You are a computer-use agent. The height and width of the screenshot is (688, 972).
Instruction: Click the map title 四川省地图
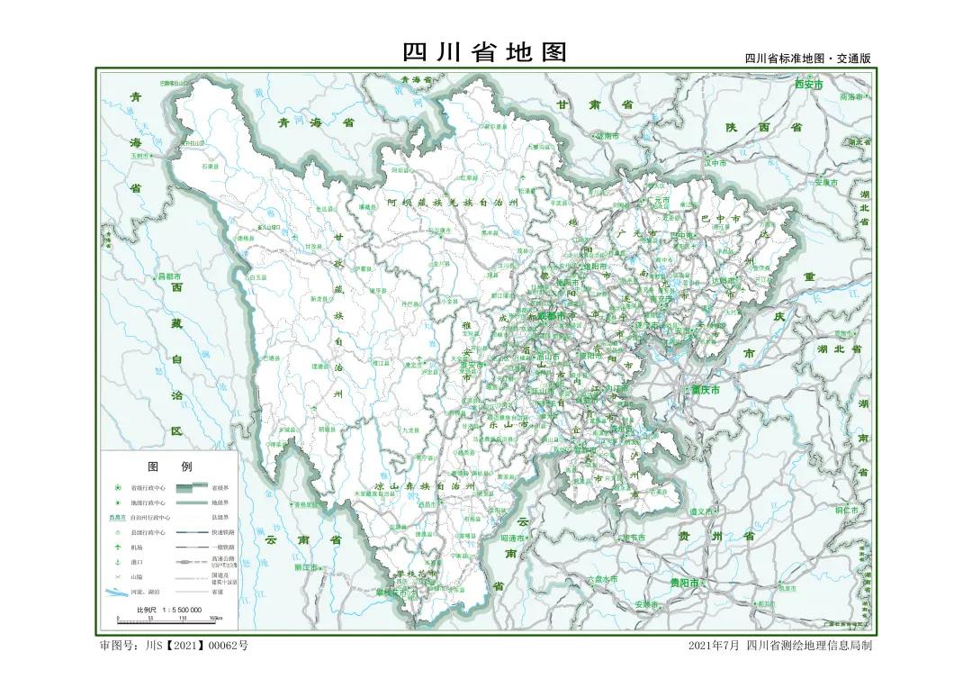coord(485,52)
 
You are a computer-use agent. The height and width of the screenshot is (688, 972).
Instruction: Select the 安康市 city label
coord(826,182)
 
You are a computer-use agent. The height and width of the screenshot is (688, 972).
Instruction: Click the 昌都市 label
coord(170,276)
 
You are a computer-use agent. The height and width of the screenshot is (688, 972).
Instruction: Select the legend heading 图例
coord(169,466)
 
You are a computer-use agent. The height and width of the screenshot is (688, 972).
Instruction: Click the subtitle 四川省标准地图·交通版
coord(807,59)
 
